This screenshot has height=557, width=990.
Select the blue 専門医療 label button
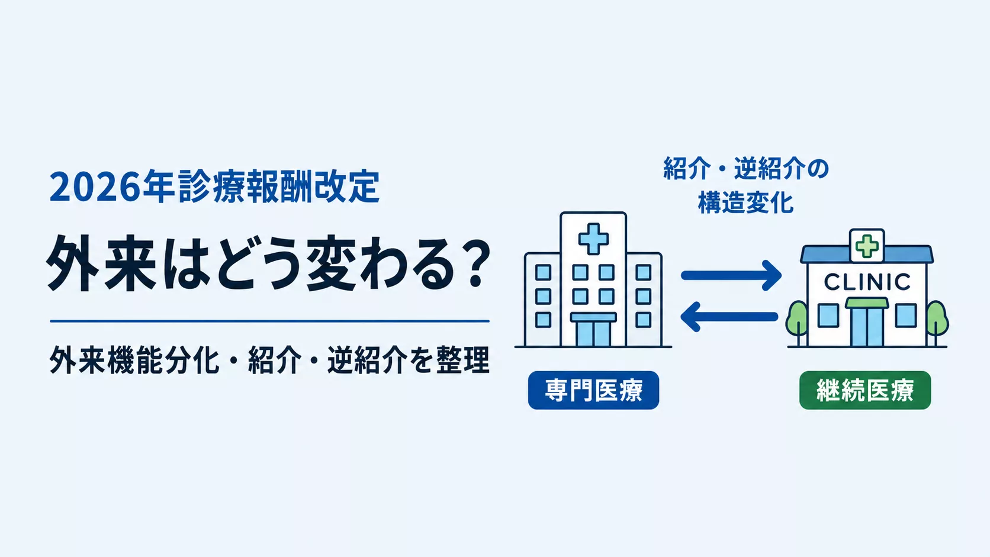[593, 390]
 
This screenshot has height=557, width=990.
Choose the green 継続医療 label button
[865, 390]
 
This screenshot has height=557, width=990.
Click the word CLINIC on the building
[867, 282]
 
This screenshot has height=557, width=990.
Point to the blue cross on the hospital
[593, 239]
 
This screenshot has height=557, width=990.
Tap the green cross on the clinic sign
[867, 246]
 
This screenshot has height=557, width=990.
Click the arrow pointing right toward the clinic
[731, 276]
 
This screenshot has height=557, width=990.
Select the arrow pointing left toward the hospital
[729, 317]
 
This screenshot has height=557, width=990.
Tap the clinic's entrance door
[867, 326]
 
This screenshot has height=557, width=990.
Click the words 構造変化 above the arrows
[745, 203]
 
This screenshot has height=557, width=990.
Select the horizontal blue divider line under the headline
[269, 321]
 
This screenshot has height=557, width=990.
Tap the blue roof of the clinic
[867, 255]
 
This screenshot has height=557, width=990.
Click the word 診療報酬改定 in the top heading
[279, 187]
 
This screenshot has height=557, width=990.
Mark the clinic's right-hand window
[906, 315]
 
